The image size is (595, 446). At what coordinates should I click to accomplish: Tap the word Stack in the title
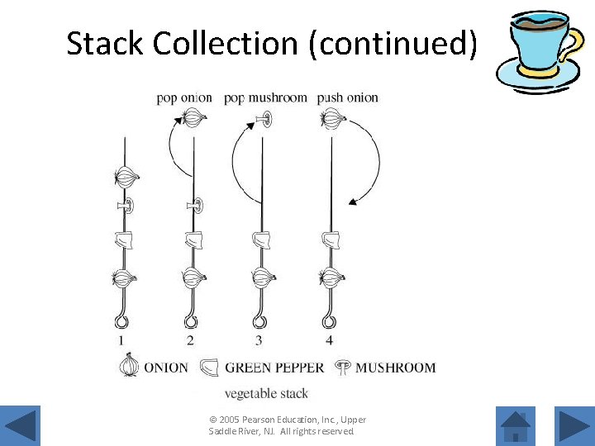click(x=107, y=44)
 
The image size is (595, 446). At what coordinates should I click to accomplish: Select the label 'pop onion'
click(x=184, y=97)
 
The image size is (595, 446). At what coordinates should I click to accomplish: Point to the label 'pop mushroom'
click(x=265, y=97)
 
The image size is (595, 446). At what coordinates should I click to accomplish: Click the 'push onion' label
click(x=348, y=97)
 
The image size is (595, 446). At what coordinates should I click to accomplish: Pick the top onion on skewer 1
click(x=126, y=176)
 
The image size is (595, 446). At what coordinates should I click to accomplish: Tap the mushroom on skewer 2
click(x=195, y=205)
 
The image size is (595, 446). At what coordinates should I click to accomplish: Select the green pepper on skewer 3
click(x=264, y=240)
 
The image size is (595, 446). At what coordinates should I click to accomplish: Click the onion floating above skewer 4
click(x=334, y=120)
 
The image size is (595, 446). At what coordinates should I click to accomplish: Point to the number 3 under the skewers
click(x=259, y=339)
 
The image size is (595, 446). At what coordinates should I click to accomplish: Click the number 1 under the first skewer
click(x=121, y=339)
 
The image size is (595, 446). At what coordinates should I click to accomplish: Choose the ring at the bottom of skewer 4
click(x=331, y=321)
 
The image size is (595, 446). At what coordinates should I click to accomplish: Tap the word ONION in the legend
click(x=166, y=368)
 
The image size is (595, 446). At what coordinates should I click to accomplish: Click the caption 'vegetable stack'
click(x=266, y=393)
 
